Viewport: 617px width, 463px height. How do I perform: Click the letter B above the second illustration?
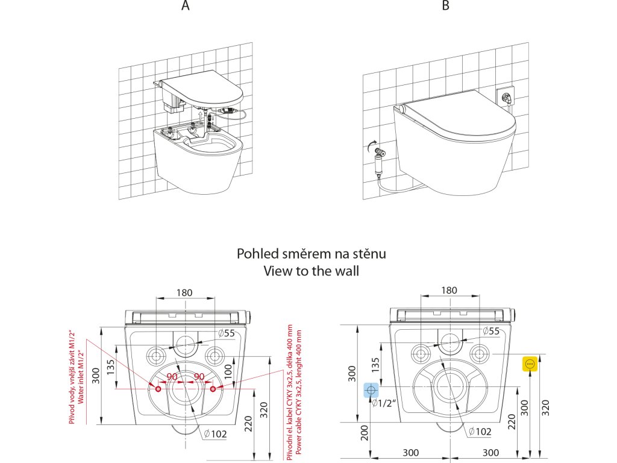445,6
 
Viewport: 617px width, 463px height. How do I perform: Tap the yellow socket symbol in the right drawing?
530,364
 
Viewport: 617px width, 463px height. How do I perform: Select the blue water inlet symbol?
371,391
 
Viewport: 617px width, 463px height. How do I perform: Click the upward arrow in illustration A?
200,116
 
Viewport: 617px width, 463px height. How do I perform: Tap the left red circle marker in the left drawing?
158,389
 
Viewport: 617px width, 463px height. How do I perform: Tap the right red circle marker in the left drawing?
213,389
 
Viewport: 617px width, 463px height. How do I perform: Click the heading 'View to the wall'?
311,271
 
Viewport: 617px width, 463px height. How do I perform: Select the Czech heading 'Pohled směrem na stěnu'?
311,254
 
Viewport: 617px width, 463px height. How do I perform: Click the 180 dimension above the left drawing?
184,293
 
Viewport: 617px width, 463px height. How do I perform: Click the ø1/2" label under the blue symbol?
383,404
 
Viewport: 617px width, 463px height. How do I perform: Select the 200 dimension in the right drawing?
365,432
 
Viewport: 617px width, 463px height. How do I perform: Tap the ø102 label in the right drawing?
480,432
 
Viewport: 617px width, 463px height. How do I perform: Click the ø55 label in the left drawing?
226,333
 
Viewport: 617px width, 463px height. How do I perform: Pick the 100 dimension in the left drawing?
228,371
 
